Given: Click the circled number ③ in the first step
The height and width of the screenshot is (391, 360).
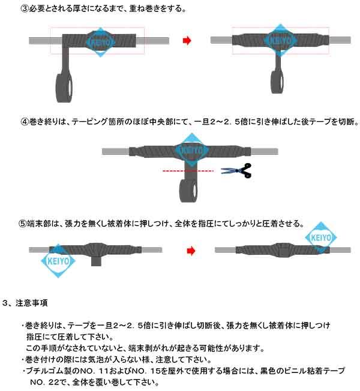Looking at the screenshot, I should click(25, 10).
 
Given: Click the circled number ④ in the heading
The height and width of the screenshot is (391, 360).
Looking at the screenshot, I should click(25, 122).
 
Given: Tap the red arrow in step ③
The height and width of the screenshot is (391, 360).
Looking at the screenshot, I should click(187, 41).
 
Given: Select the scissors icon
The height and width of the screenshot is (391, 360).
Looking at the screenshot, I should click(236, 170).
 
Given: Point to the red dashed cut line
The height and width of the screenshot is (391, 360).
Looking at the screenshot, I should click(187, 171).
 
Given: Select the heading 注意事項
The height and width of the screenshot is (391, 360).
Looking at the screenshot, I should click(35, 302).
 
